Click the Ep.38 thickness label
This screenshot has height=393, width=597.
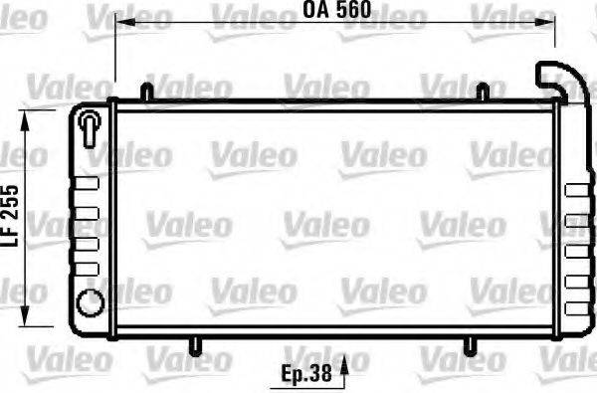[x=305, y=376]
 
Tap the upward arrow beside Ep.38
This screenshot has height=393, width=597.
[x=344, y=374]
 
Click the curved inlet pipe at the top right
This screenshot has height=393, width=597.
[x=554, y=79]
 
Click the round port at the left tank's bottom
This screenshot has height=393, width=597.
[x=89, y=300]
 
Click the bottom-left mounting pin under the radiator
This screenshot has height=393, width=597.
[x=196, y=344]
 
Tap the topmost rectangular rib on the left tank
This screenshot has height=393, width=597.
[x=89, y=180]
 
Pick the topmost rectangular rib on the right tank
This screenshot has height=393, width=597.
[x=575, y=189]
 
